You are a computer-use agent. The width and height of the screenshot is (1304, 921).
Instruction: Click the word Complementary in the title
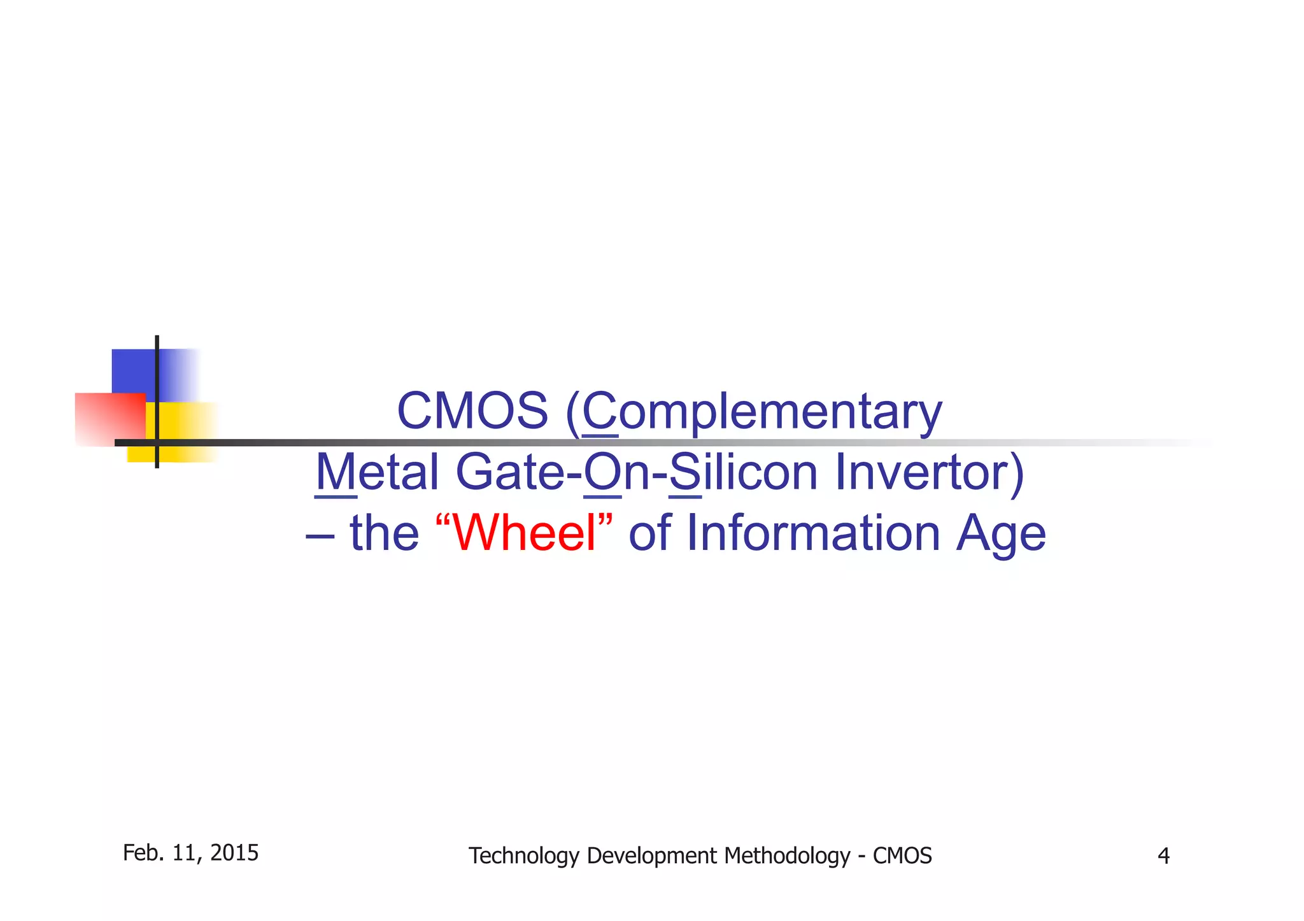[x=762, y=412]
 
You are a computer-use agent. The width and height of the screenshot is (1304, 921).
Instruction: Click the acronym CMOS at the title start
[x=472, y=411]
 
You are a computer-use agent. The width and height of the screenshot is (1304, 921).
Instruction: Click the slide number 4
[x=1163, y=856]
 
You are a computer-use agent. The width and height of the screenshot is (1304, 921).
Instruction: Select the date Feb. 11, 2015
[x=190, y=853]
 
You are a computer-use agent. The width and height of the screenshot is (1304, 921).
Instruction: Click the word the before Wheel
[x=384, y=533]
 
